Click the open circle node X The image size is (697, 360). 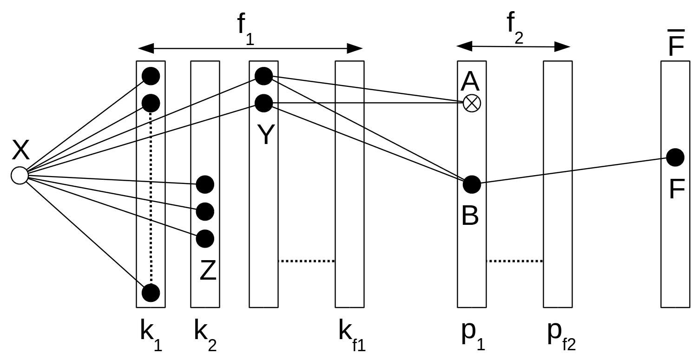click(x=20, y=176)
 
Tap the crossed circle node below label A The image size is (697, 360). click(x=472, y=103)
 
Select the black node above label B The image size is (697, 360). click(x=472, y=184)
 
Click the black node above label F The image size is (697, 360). click(x=675, y=157)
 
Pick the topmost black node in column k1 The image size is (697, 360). click(x=151, y=76)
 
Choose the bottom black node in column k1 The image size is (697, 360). click(x=151, y=293)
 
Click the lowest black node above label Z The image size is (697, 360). click(x=205, y=239)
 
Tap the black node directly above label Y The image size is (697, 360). click(x=263, y=103)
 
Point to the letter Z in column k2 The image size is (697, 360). click(x=208, y=271)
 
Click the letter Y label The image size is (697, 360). click(x=265, y=135)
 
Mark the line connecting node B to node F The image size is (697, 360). click(x=574, y=171)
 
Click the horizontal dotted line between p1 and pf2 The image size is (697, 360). click(x=514, y=261)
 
